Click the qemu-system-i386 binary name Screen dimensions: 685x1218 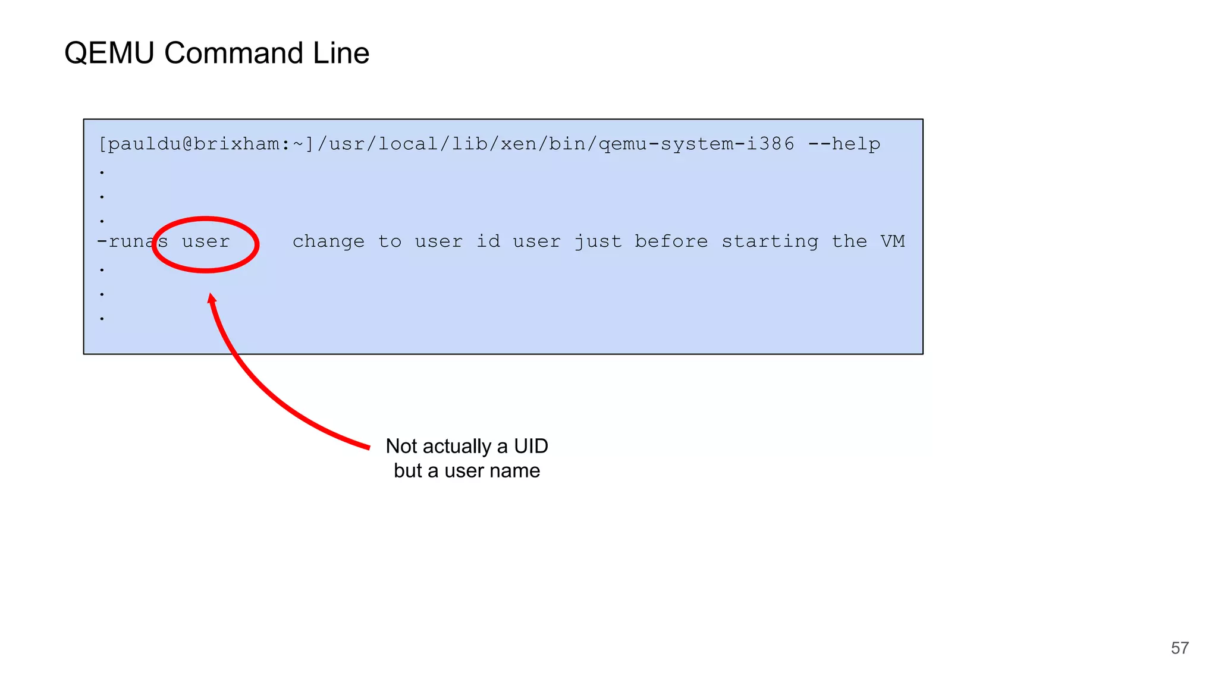click(x=696, y=144)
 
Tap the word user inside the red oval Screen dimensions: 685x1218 click(x=206, y=241)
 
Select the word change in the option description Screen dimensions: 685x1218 click(x=328, y=241)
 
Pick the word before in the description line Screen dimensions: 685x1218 click(x=671, y=241)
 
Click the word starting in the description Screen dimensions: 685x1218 click(x=770, y=242)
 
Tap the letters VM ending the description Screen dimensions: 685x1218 click(x=892, y=241)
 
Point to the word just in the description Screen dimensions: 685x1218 click(x=598, y=241)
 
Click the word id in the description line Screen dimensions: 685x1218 click(x=488, y=241)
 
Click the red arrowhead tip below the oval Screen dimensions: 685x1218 click(x=211, y=296)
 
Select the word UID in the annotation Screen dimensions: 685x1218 click(x=530, y=446)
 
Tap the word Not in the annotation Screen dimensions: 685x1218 click(x=401, y=446)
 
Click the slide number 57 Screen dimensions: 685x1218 click(x=1179, y=648)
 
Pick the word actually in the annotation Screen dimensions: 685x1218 click(x=457, y=447)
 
